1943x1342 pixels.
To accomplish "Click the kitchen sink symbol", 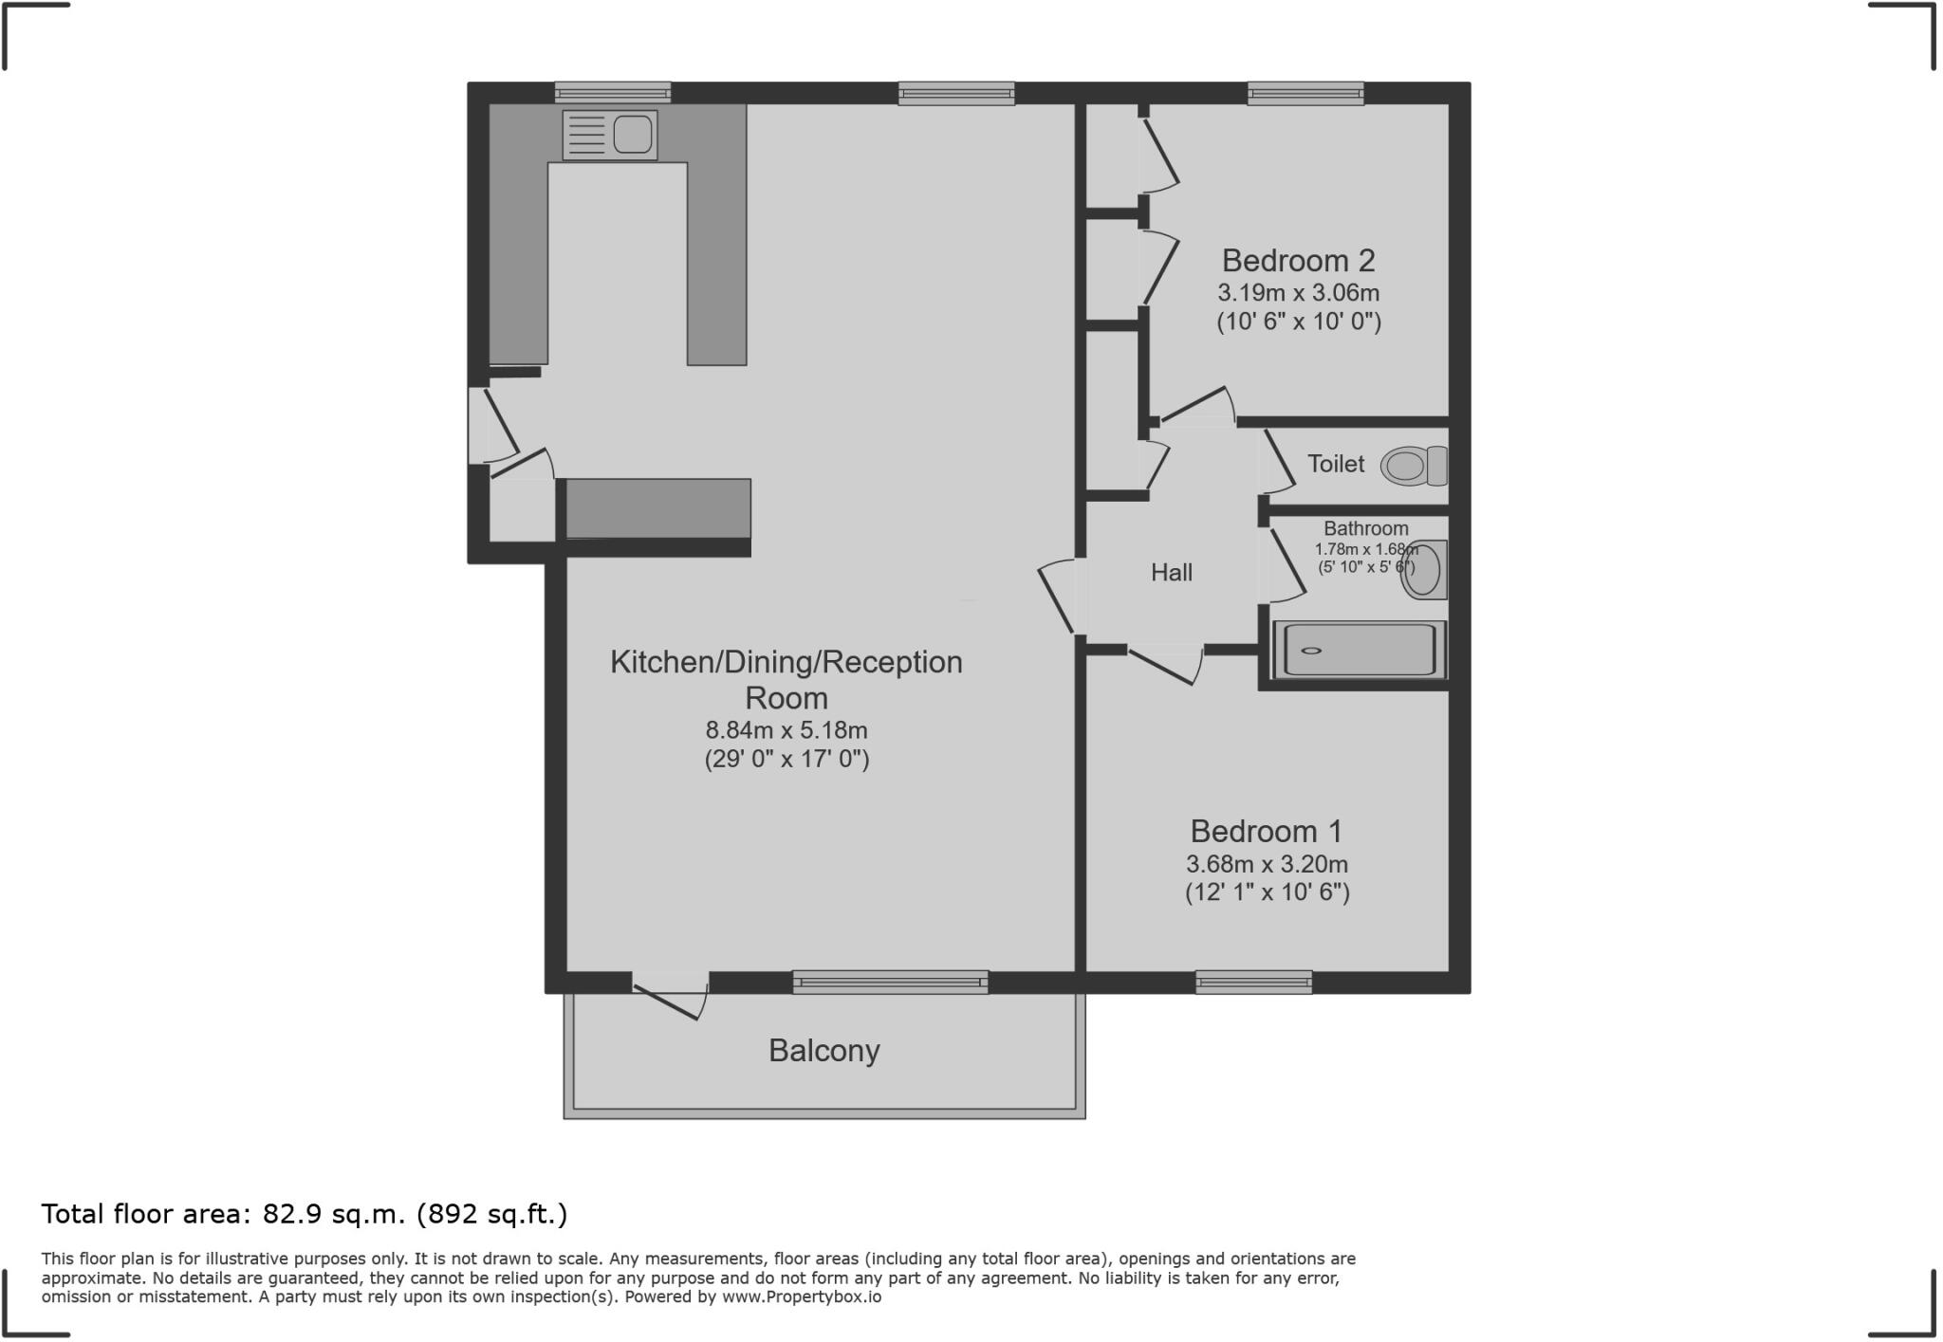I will coord(610,136).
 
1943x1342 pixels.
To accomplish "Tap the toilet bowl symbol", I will coord(1413,466).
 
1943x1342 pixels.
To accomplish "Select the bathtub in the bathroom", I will coord(1359,650).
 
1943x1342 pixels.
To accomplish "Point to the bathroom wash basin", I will coord(1424,570).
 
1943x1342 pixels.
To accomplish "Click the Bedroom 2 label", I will coord(1298,260).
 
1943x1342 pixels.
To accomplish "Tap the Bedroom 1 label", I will coord(1267,832).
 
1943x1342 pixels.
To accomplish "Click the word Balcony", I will coord(823,1051).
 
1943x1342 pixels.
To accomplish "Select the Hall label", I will coord(1172,572).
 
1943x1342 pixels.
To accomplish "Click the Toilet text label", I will coord(1336,464).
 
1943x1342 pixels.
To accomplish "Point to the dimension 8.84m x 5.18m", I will coord(786,730).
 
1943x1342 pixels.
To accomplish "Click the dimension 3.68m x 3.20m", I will coord(1267,864).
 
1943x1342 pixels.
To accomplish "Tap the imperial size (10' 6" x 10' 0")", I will coord(1298,322).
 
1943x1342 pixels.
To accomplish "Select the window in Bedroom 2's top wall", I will coord(1305,93).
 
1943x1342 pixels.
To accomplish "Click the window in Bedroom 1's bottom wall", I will coord(1253,983).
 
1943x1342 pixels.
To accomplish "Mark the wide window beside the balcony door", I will coord(890,983).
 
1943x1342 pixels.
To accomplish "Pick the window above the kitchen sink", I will coord(612,93).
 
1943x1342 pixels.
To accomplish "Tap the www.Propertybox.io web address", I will coord(802,1296).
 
